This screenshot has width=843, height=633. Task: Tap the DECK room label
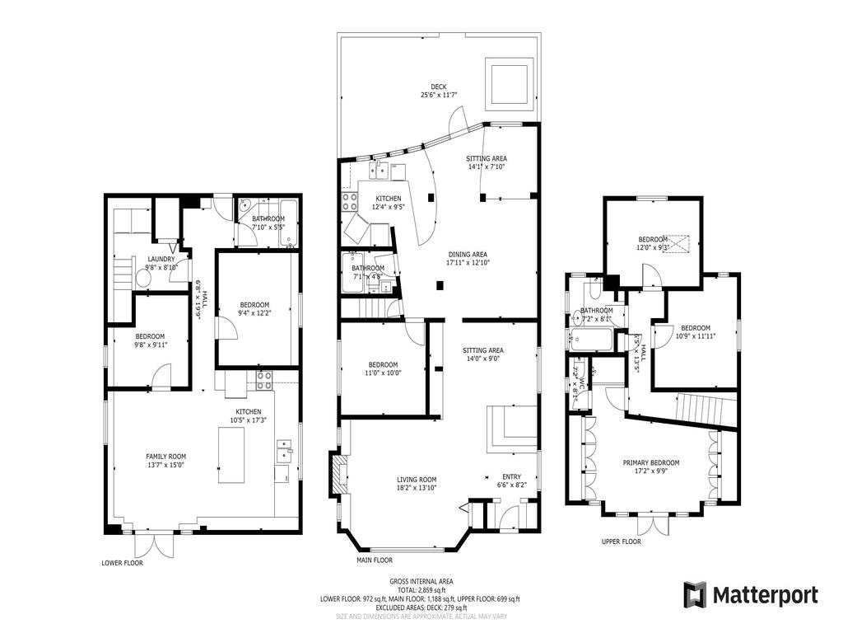pyautogui.click(x=440, y=87)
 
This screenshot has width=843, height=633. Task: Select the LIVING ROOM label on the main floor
pyautogui.click(x=417, y=479)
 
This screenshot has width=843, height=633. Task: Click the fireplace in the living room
pyautogui.click(x=338, y=474)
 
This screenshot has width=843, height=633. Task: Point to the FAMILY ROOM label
pyautogui.click(x=165, y=457)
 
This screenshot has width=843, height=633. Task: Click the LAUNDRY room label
pyautogui.click(x=161, y=259)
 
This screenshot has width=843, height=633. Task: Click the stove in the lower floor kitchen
pyautogui.click(x=265, y=380)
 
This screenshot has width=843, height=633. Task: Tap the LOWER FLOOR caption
pyautogui.click(x=123, y=564)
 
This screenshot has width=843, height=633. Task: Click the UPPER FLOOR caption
pyautogui.click(x=622, y=542)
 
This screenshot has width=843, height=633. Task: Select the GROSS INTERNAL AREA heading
pyautogui.click(x=421, y=582)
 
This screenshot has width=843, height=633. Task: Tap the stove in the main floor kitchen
pyautogui.click(x=349, y=199)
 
